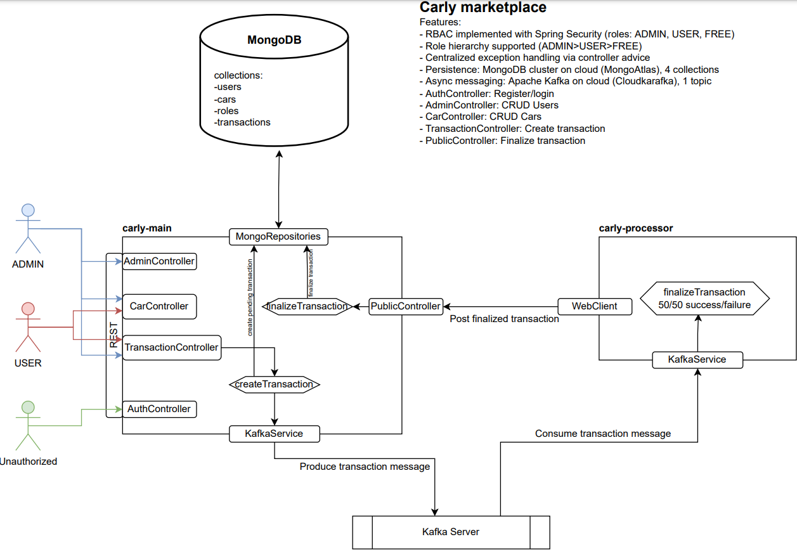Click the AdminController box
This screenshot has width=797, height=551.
click(159, 261)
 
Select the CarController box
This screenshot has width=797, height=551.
click(159, 306)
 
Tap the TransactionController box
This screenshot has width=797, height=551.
click(171, 347)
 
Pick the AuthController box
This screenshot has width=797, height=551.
click(159, 409)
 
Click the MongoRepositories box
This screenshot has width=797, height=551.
click(278, 237)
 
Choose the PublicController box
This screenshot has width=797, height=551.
click(406, 306)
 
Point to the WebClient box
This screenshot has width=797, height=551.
click(595, 306)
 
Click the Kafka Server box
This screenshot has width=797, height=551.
click(451, 532)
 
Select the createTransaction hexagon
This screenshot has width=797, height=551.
click(274, 384)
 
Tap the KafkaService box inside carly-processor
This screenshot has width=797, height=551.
click(697, 360)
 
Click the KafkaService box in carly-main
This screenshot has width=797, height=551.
click(274, 434)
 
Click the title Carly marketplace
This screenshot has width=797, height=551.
click(483, 8)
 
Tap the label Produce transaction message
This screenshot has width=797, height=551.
click(365, 467)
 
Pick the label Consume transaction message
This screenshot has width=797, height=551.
click(603, 434)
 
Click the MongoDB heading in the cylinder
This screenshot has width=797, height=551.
click(274, 40)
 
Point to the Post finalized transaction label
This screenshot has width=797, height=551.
click(504, 319)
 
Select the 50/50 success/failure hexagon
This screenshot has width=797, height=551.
click(704, 299)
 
